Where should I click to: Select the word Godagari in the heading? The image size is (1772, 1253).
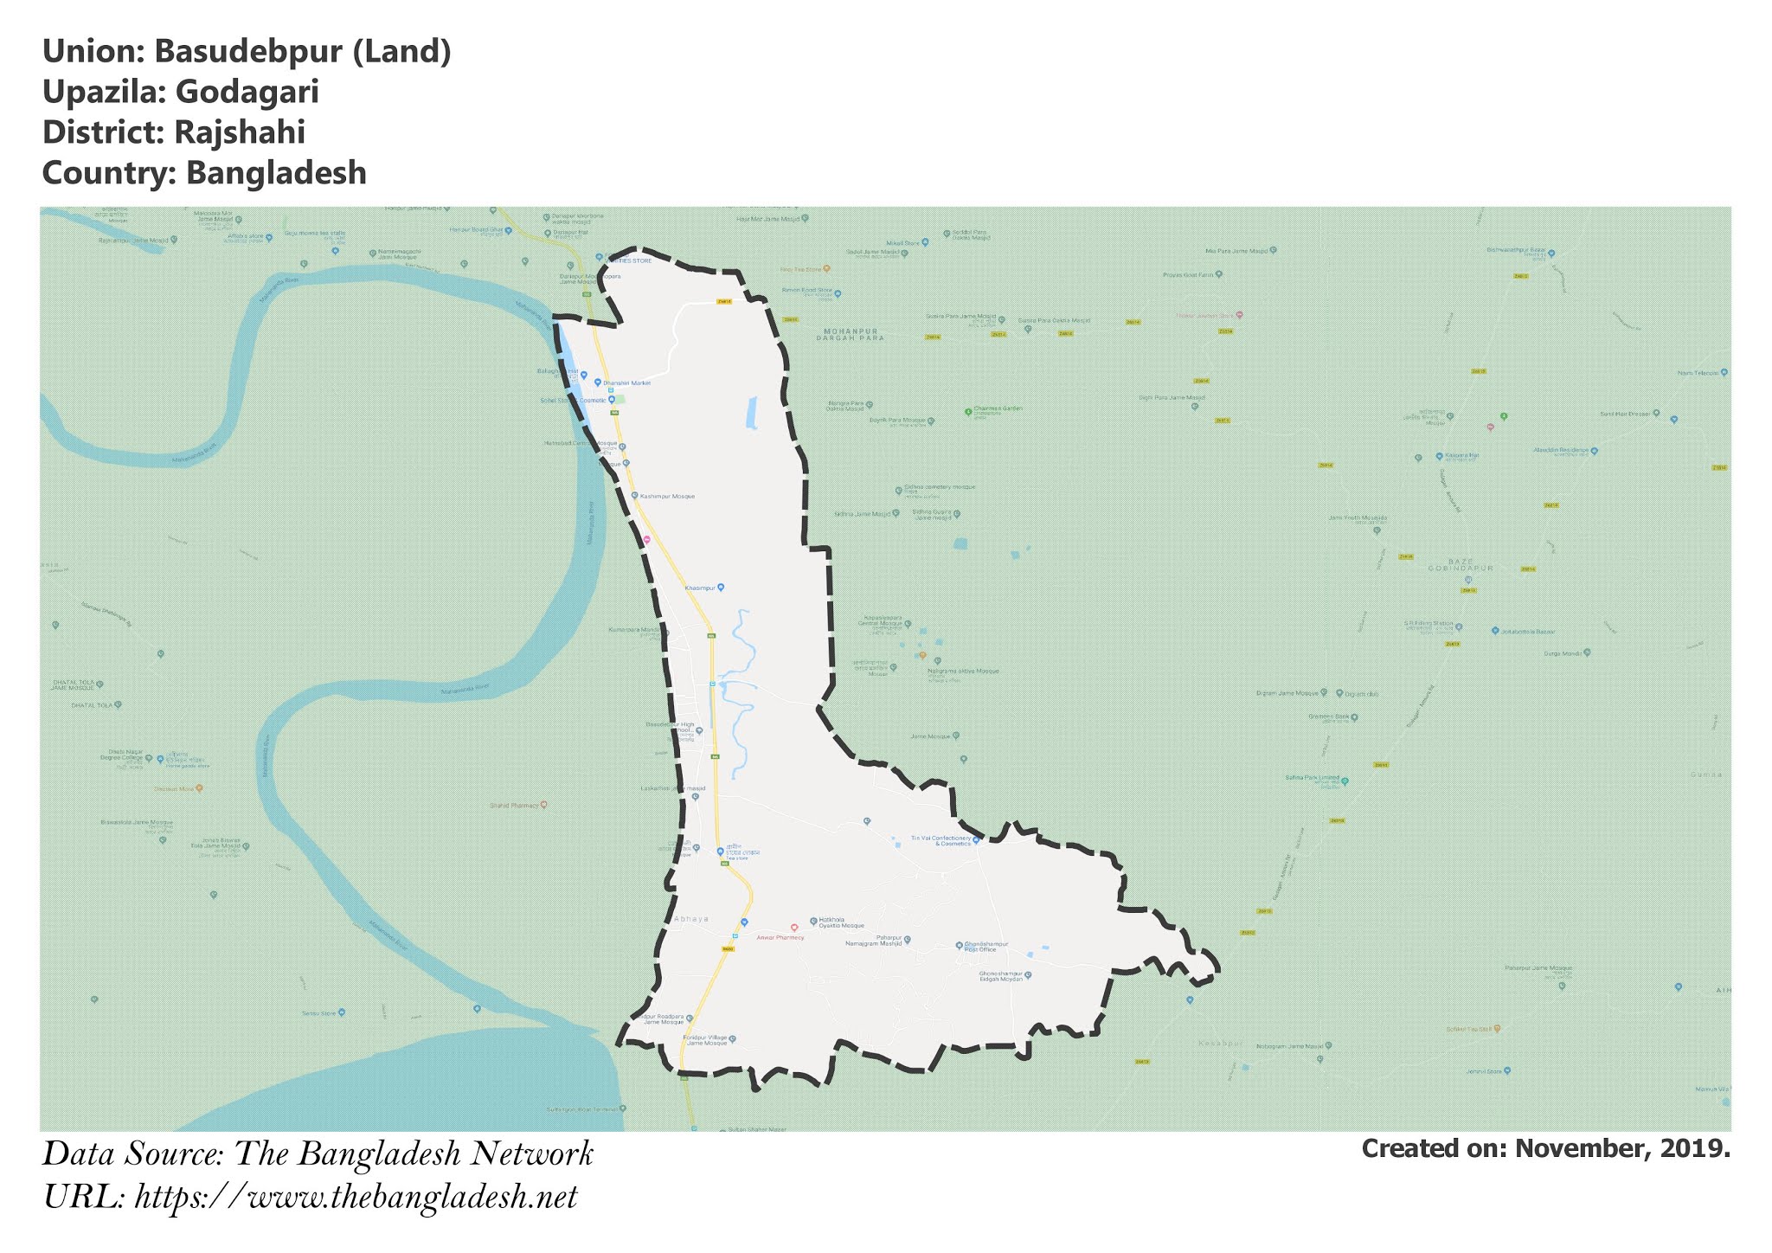(x=247, y=92)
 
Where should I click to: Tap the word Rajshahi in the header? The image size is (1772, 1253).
(x=239, y=132)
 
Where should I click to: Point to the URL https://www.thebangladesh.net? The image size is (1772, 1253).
(x=356, y=1198)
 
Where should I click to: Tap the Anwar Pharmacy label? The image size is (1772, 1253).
(x=780, y=937)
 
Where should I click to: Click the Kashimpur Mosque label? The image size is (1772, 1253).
(x=667, y=497)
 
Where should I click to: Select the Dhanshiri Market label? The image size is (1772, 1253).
(x=626, y=382)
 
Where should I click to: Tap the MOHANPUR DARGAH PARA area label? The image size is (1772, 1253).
(x=851, y=334)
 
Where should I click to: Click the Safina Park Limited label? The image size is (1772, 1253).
(x=1312, y=778)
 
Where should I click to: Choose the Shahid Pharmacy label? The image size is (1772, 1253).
(x=515, y=805)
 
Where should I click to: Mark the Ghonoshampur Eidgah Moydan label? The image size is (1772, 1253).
(x=1001, y=976)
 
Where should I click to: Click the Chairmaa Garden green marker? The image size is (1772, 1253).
(x=968, y=412)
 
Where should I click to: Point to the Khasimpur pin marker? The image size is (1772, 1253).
(x=721, y=588)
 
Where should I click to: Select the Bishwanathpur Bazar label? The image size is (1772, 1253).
(x=1516, y=251)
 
